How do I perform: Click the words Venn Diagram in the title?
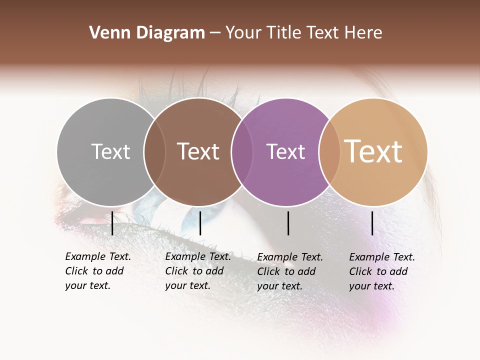147,33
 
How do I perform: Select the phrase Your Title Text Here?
303,33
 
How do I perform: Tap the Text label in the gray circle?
110,151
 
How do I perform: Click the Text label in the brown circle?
198,151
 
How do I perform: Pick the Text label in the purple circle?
285,151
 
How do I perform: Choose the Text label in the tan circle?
373,151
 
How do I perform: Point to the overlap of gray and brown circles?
154,152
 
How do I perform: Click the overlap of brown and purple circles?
242,152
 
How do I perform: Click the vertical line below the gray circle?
112,223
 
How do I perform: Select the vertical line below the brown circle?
200,223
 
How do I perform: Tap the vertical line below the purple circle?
288,223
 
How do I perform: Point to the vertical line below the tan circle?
372,223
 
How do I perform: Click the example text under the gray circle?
98,271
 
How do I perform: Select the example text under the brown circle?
198,271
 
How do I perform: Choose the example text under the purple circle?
290,271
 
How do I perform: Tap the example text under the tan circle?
382,271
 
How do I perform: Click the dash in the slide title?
215,33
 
